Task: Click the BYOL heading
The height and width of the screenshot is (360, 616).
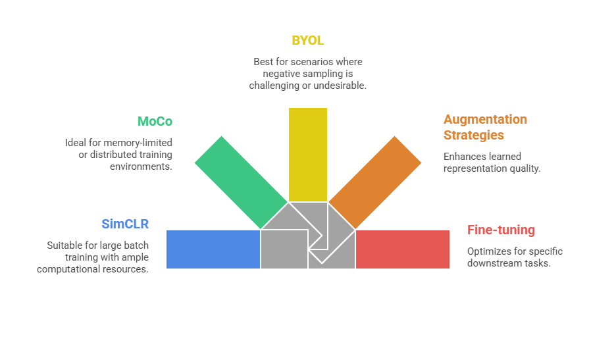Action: point(308,40)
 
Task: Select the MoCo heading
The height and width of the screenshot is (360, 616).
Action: point(155,121)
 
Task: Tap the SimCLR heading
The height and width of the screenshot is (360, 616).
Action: point(125,224)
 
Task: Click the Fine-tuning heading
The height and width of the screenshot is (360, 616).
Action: point(501,230)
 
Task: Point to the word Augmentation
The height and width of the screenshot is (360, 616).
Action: point(485,119)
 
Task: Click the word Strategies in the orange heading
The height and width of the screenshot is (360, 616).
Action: point(473,135)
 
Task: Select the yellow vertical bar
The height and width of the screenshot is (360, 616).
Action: point(308,154)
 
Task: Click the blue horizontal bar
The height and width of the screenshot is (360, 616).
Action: point(213,249)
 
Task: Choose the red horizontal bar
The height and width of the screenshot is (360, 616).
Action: point(402,249)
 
